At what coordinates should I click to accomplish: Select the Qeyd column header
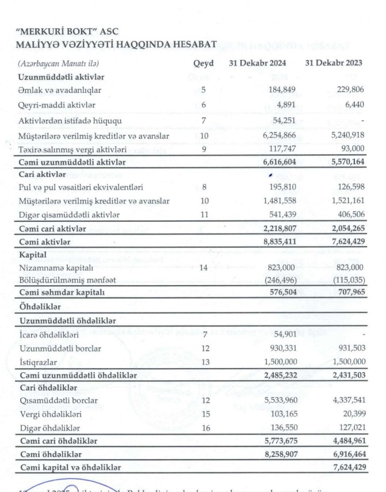(203, 63)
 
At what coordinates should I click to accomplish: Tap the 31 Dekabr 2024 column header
(266, 63)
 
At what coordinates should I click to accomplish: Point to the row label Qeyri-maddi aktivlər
(57, 105)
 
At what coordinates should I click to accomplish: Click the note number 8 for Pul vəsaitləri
(203, 188)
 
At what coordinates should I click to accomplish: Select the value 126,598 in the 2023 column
(349, 188)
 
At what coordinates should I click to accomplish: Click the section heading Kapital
(32, 254)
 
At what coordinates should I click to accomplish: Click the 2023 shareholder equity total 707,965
(349, 293)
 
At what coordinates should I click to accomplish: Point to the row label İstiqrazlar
(38, 361)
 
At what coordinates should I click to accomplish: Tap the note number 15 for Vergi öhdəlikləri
(203, 414)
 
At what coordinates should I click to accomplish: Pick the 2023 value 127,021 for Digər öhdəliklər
(349, 427)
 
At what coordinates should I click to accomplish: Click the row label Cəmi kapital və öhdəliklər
(72, 468)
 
